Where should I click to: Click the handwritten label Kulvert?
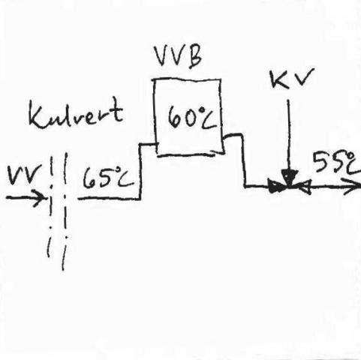(x=76, y=113)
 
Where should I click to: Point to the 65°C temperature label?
(x=108, y=177)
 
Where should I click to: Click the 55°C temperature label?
(x=336, y=162)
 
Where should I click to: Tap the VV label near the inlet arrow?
(x=24, y=174)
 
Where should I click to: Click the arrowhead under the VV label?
(x=40, y=198)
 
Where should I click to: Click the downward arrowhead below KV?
(x=290, y=176)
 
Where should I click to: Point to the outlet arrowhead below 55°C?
(x=352, y=187)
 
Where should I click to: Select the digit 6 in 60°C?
(x=175, y=117)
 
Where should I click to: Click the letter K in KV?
(x=279, y=79)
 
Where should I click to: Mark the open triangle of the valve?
(x=305, y=187)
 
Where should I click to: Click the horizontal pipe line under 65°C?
(x=109, y=199)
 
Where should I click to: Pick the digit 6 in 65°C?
(x=89, y=178)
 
